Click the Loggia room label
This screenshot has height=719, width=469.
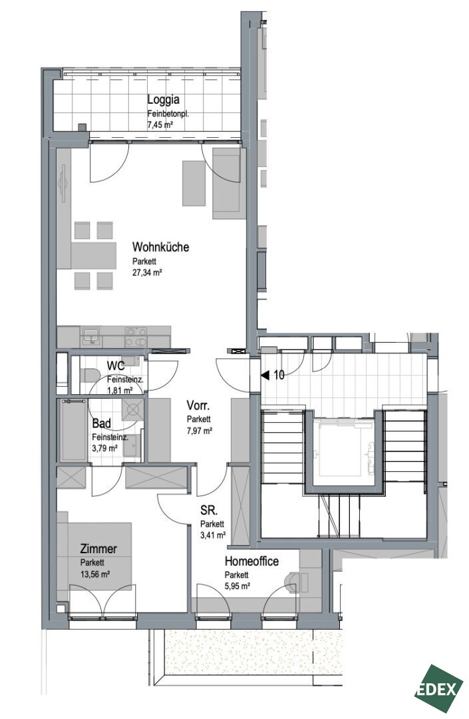[163, 99]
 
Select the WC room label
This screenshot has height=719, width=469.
[116, 366]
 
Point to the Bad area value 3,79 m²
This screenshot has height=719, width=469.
[104, 448]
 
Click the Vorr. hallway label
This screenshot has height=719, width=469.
[198, 406]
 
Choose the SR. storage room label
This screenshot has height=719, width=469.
[209, 511]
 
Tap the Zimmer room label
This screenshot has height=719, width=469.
[98, 549]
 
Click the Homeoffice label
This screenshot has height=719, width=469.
[251, 561]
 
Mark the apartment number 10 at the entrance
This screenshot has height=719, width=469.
[279, 375]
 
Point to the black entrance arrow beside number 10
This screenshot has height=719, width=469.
[265, 375]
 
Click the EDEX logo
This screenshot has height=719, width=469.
[437, 689]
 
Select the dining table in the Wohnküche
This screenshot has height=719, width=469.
[93, 256]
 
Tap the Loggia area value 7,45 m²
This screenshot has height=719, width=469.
[160, 124]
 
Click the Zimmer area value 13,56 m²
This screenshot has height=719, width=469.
[95, 574]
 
